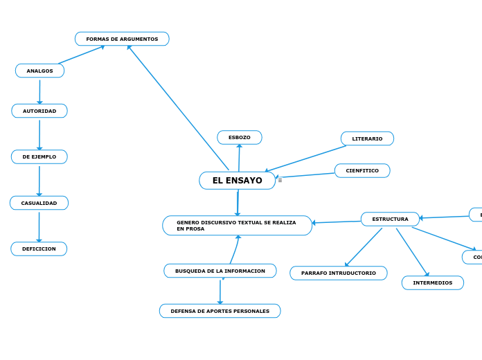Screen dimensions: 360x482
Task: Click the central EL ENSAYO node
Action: click(237, 181)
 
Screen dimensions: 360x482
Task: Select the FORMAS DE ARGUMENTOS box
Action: click(122, 39)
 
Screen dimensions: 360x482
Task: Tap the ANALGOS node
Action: click(39, 71)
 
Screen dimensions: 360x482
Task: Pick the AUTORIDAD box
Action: click(39, 111)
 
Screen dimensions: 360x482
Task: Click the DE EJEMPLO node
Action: click(39, 156)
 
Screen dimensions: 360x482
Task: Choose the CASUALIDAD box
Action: click(39, 203)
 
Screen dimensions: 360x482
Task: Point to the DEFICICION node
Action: click(39, 249)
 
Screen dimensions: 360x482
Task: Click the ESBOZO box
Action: click(240, 137)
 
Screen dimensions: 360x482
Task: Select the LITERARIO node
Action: click(367, 138)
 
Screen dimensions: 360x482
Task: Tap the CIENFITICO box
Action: click(362, 170)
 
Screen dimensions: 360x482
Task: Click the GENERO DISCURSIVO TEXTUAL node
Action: click(237, 226)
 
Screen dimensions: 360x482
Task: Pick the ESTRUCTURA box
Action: click(390, 219)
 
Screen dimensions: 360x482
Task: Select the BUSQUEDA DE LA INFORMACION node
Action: click(220, 271)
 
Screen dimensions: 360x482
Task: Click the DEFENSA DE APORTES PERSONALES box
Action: click(220, 311)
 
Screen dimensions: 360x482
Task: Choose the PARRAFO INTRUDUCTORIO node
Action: click(339, 273)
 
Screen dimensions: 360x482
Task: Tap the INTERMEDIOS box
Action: click(433, 282)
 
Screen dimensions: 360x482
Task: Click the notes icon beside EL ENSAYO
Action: click(280, 180)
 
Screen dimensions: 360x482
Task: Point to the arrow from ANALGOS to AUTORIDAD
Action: click(39, 91)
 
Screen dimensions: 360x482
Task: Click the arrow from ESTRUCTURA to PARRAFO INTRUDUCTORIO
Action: click(364, 247)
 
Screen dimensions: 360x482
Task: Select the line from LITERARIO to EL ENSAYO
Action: click(305, 159)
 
